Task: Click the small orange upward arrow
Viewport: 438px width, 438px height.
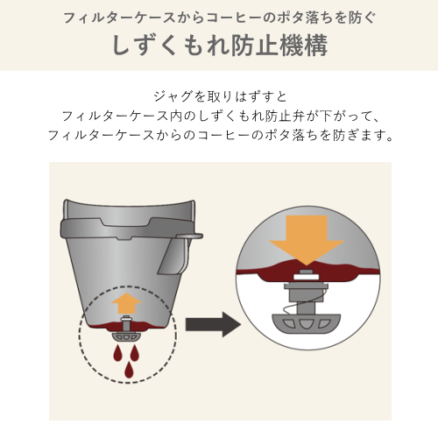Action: click(126, 304)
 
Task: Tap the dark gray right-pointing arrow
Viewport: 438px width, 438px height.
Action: click(213, 324)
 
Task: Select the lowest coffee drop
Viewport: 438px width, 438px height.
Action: click(128, 370)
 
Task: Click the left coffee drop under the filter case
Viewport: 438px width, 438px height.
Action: click(118, 353)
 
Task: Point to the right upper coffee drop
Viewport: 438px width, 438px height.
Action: click(135, 353)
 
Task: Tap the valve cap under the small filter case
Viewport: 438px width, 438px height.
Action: click(126, 336)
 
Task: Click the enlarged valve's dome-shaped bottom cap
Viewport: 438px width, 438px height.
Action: click(307, 322)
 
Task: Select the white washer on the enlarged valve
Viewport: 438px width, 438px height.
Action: click(307, 277)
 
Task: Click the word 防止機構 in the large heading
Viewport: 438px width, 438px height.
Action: click(279, 46)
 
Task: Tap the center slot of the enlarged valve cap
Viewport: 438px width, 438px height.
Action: click(307, 324)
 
